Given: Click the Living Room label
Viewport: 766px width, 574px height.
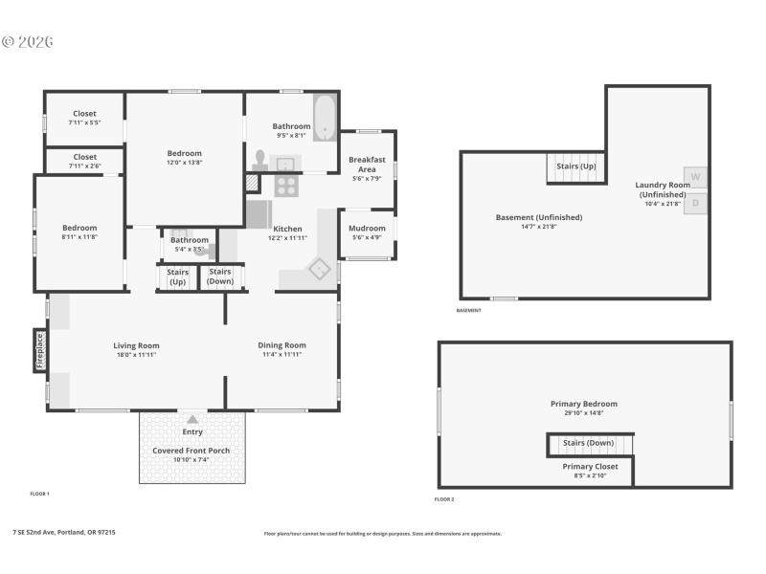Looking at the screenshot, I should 136,345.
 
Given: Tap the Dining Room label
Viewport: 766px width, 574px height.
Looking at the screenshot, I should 282,345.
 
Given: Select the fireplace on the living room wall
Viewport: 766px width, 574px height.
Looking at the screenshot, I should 40,350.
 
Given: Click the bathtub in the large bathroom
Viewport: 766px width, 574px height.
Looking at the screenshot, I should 326,117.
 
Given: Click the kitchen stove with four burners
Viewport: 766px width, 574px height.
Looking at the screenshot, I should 286,186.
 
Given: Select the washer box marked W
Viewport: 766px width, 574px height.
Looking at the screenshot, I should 696,176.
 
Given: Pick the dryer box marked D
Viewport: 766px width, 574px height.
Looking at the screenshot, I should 696,202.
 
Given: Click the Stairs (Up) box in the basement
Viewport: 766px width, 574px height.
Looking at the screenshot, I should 575,166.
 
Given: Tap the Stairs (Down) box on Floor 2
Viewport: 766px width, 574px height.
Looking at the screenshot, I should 589,443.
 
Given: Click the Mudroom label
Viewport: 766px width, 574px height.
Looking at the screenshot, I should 367,229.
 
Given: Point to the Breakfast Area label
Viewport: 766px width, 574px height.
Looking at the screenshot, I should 367,165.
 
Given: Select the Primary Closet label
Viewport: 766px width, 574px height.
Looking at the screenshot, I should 590,466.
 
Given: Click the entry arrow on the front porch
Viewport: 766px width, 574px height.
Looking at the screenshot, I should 192,419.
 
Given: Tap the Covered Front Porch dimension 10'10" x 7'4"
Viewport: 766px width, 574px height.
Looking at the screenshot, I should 192,460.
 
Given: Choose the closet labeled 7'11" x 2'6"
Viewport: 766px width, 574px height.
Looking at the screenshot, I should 84,161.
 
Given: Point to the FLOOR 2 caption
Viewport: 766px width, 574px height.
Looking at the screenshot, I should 444,499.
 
